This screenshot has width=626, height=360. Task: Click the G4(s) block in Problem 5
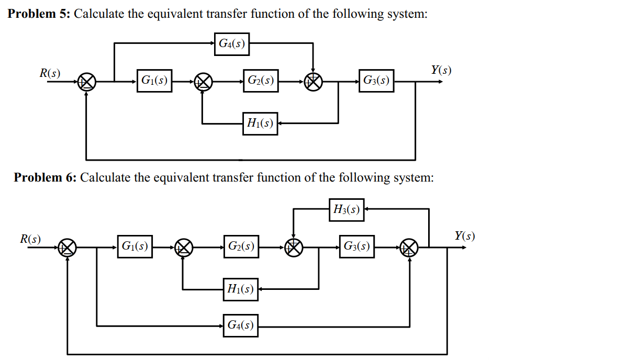pos(231,43)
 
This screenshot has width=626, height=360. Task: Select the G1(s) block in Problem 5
pos(154,81)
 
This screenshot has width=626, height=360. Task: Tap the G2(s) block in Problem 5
pos(260,81)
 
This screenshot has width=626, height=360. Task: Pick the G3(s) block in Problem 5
pos(376,81)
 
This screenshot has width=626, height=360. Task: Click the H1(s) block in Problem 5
pos(260,123)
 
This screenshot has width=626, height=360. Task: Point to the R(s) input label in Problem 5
pos(50,73)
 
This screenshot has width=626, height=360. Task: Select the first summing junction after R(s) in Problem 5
pos(86,82)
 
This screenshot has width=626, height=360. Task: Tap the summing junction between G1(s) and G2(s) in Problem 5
pos(203,82)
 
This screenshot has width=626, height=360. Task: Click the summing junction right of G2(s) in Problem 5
pos(314,82)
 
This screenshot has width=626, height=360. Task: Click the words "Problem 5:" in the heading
pos(38,14)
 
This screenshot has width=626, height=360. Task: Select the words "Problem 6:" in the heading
pos(45,177)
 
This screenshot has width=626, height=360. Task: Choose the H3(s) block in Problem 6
pos(346,210)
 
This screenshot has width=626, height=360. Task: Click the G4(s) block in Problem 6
pos(240,325)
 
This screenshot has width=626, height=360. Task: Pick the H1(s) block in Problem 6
pos(240,289)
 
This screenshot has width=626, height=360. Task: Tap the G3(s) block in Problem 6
pos(357,246)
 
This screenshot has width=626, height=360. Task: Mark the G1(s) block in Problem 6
pos(135,246)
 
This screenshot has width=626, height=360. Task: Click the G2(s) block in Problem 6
pos(241,246)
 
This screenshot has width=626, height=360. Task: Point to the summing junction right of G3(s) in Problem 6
pos(409,247)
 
